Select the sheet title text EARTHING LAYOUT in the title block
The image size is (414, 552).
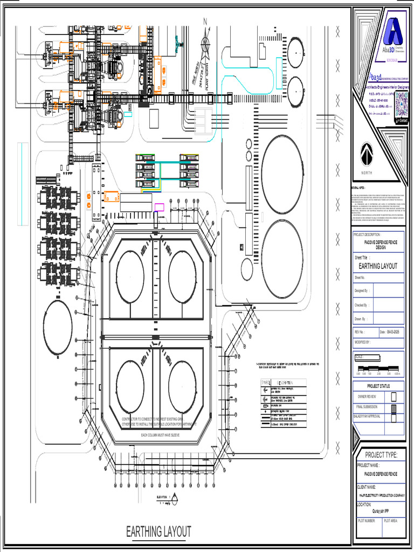(x=378, y=266)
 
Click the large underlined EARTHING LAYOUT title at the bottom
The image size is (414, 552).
(x=158, y=532)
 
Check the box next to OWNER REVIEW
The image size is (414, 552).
(x=394, y=397)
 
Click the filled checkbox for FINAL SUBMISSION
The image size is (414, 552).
(x=394, y=407)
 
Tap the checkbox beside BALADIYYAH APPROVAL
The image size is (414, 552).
(x=394, y=417)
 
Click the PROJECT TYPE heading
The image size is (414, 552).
(x=381, y=455)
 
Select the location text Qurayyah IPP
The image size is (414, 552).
(x=381, y=512)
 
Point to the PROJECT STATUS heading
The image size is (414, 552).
(x=379, y=386)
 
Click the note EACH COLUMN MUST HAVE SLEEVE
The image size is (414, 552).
(x=160, y=434)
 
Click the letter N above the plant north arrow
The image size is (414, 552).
(x=205, y=22)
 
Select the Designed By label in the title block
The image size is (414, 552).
(x=361, y=291)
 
